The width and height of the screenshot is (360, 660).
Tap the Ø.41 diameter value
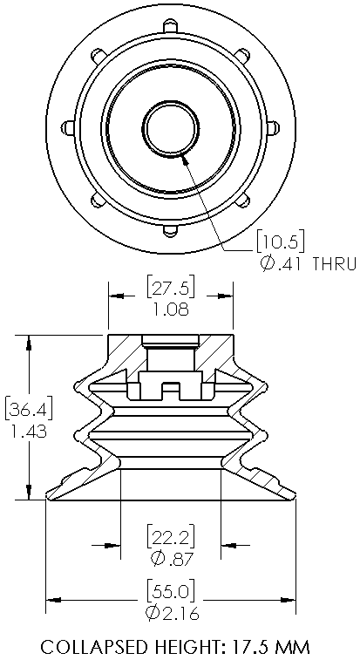(x=281, y=263)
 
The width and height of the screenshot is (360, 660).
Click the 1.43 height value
(x=26, y=431)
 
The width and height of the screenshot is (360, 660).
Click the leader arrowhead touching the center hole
(x=184, y=158)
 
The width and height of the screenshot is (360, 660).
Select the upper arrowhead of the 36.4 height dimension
(x=31, y=343)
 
